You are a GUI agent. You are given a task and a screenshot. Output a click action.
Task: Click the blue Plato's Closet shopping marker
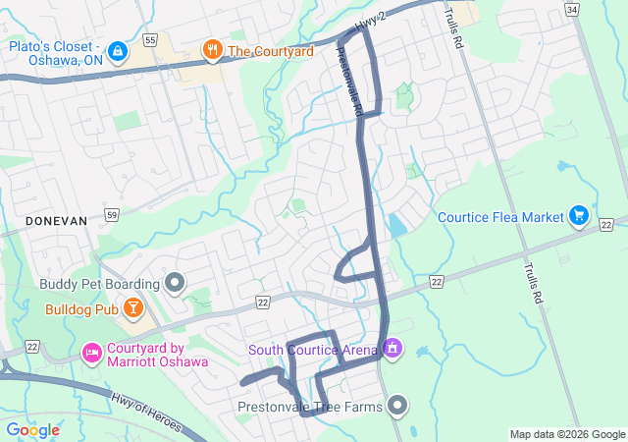pos(117,50)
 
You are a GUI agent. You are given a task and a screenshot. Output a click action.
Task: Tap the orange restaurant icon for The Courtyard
pos(211,50)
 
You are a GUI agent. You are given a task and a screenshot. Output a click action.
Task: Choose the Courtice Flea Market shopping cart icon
pos(579,216)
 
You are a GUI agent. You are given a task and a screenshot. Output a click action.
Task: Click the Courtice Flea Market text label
pos(500,217)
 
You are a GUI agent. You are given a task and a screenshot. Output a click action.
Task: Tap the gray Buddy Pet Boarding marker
pos(176,285)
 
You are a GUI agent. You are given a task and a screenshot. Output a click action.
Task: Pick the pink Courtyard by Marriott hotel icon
pos(92,351)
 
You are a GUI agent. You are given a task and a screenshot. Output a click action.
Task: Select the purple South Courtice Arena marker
pos(392,349)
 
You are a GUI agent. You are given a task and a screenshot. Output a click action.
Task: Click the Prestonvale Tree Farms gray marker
pos(397,405)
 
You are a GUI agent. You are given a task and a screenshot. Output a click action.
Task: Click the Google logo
pos(32,430)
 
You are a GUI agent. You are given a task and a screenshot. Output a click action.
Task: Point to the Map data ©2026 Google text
pos(567,434)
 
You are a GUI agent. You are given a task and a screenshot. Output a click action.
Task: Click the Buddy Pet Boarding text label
pos(98,285)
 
